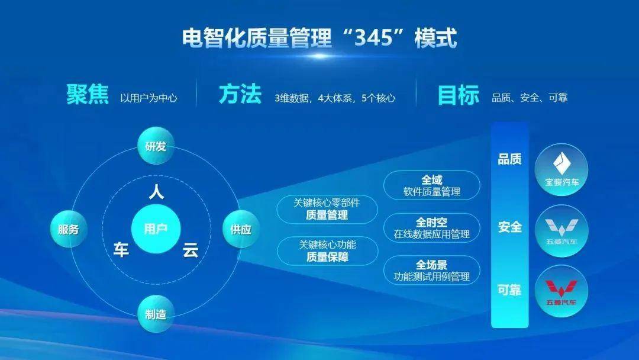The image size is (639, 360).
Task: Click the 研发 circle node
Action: pos(156,146)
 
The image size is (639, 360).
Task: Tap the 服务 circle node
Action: pos(69,229)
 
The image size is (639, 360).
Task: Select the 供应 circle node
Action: pos(241,229)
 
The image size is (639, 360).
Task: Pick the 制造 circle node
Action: pos(156,314)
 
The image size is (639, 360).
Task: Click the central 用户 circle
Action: pos(156,229)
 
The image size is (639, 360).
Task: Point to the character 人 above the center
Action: pos(156,192)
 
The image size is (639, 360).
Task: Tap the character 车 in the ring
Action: pos(121,249)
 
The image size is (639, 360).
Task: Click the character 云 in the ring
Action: pos(191,249)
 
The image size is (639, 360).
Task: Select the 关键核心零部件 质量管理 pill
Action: pos(327,209)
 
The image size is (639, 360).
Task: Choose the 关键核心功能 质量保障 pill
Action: pos(327,250)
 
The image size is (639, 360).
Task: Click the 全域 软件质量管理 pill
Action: pos(432,185)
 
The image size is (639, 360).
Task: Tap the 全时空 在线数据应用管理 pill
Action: pos(432,228)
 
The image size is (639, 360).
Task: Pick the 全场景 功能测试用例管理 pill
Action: pos(432,271)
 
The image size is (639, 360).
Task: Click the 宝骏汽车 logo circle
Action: pos(561,169)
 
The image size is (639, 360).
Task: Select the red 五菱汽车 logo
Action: pos(561,291)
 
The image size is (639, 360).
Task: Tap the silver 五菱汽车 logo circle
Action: pos(561,231)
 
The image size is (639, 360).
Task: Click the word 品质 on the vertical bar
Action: pos(509,159)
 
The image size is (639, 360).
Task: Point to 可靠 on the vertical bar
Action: pos(509,290)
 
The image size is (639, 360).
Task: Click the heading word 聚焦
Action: pos(88,95)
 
